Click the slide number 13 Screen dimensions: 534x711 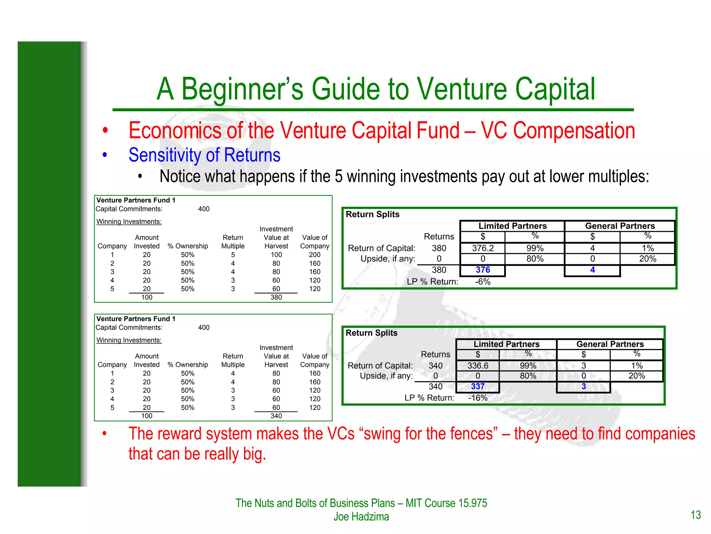695,515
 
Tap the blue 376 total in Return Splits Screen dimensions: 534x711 483,270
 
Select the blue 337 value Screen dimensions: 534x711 478,386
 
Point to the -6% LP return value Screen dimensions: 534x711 483,282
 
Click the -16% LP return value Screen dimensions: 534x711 478,398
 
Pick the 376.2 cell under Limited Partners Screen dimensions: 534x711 483,248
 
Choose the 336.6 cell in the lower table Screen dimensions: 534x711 478,365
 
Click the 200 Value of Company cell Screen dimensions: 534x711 315,255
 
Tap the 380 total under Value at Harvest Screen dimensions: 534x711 276,297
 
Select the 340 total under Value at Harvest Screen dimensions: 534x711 276,416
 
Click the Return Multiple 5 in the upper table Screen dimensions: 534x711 233,255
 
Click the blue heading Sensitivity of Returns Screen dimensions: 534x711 204,155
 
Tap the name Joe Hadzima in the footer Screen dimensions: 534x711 361,517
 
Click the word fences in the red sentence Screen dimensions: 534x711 474,434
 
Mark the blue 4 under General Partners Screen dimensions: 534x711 592,270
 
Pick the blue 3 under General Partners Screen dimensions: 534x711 584,386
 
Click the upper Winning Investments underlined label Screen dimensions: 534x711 129,221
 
